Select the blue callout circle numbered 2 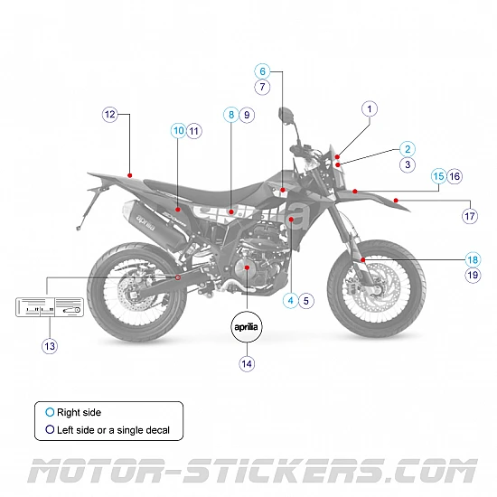(408, 149)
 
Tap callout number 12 (110, 115)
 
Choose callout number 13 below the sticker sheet (50, 345)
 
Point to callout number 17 (470, 216)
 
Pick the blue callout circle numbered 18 (473, 258)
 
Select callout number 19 (473, 275)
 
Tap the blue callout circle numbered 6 (262, 70)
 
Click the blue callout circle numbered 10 (178, 131)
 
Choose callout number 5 (306, 300)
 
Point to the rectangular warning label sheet (50, 308)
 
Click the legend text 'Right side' (80, 412)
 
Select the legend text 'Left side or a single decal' (113, 430)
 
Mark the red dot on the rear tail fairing (131, 173)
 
